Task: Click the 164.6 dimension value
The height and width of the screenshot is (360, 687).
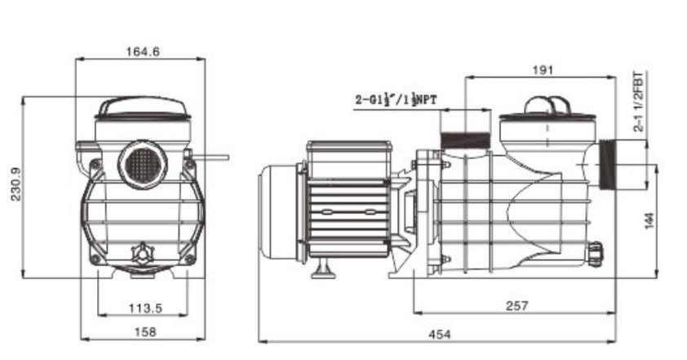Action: (x=143, y=51)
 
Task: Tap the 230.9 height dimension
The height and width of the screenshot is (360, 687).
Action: (x=16, y=184)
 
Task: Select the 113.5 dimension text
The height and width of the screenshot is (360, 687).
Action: (x=145, y=309)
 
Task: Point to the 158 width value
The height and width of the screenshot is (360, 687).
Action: (x=145, y=332)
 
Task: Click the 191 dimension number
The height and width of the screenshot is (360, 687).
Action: (x=543, y=70)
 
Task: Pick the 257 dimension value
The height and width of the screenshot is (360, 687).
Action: (x=517, y=305)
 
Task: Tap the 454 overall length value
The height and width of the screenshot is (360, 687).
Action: (x=439, y=335)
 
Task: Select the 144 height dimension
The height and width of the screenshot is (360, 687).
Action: (x=649, y=220)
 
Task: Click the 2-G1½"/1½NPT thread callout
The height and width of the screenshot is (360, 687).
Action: (x=396, y=100)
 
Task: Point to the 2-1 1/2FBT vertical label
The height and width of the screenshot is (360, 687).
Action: (x=639, y=102)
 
